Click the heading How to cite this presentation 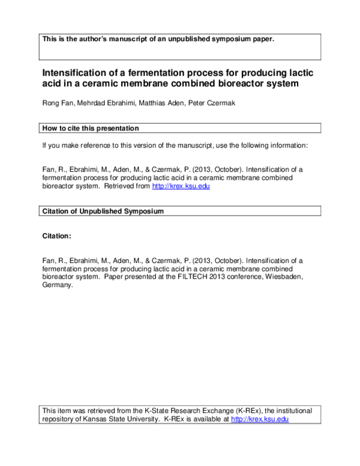click(x=91, y=129)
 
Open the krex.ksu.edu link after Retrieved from click(x=181, y=186)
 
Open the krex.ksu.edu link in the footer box click(x=260, y=419)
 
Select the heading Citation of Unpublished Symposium click(x=103, y=211)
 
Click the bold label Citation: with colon click(x=56, y=237)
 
